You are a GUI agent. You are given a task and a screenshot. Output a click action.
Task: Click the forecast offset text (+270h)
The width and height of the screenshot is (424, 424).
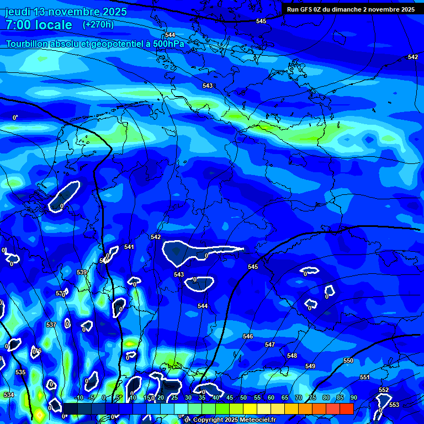coord(98,24)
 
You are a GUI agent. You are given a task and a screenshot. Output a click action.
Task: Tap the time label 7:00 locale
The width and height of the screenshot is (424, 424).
coord(39,25)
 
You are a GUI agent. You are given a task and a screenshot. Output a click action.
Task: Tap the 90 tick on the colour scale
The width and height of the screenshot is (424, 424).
coord(353,397)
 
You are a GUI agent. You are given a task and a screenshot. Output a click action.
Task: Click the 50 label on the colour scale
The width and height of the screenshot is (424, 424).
coord(243,397)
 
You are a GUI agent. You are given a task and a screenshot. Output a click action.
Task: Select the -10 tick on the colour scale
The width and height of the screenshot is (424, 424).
coord(78,397)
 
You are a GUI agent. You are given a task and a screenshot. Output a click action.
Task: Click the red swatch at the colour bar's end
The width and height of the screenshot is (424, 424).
coord(346,409)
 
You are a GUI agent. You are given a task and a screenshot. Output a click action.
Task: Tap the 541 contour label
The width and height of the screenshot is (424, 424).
coord(129,247)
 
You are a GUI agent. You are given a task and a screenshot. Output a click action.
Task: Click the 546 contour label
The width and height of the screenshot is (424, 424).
coord(248,336)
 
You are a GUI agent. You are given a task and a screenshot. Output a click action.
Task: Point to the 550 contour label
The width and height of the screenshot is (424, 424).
coord(348,361)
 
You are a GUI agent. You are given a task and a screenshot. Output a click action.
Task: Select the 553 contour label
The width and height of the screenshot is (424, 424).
coord(394,405)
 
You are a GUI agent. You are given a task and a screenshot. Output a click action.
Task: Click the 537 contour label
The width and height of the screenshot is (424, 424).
coord(51,325)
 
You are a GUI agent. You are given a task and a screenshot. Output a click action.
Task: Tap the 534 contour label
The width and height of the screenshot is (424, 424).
coord(9,395)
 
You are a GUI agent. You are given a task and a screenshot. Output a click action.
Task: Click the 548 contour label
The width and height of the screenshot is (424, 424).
coord(292,356)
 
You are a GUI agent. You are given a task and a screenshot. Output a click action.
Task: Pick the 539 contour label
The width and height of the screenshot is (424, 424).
coord(82,272)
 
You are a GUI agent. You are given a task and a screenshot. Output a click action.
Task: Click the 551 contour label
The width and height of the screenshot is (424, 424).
coord(365,377)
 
